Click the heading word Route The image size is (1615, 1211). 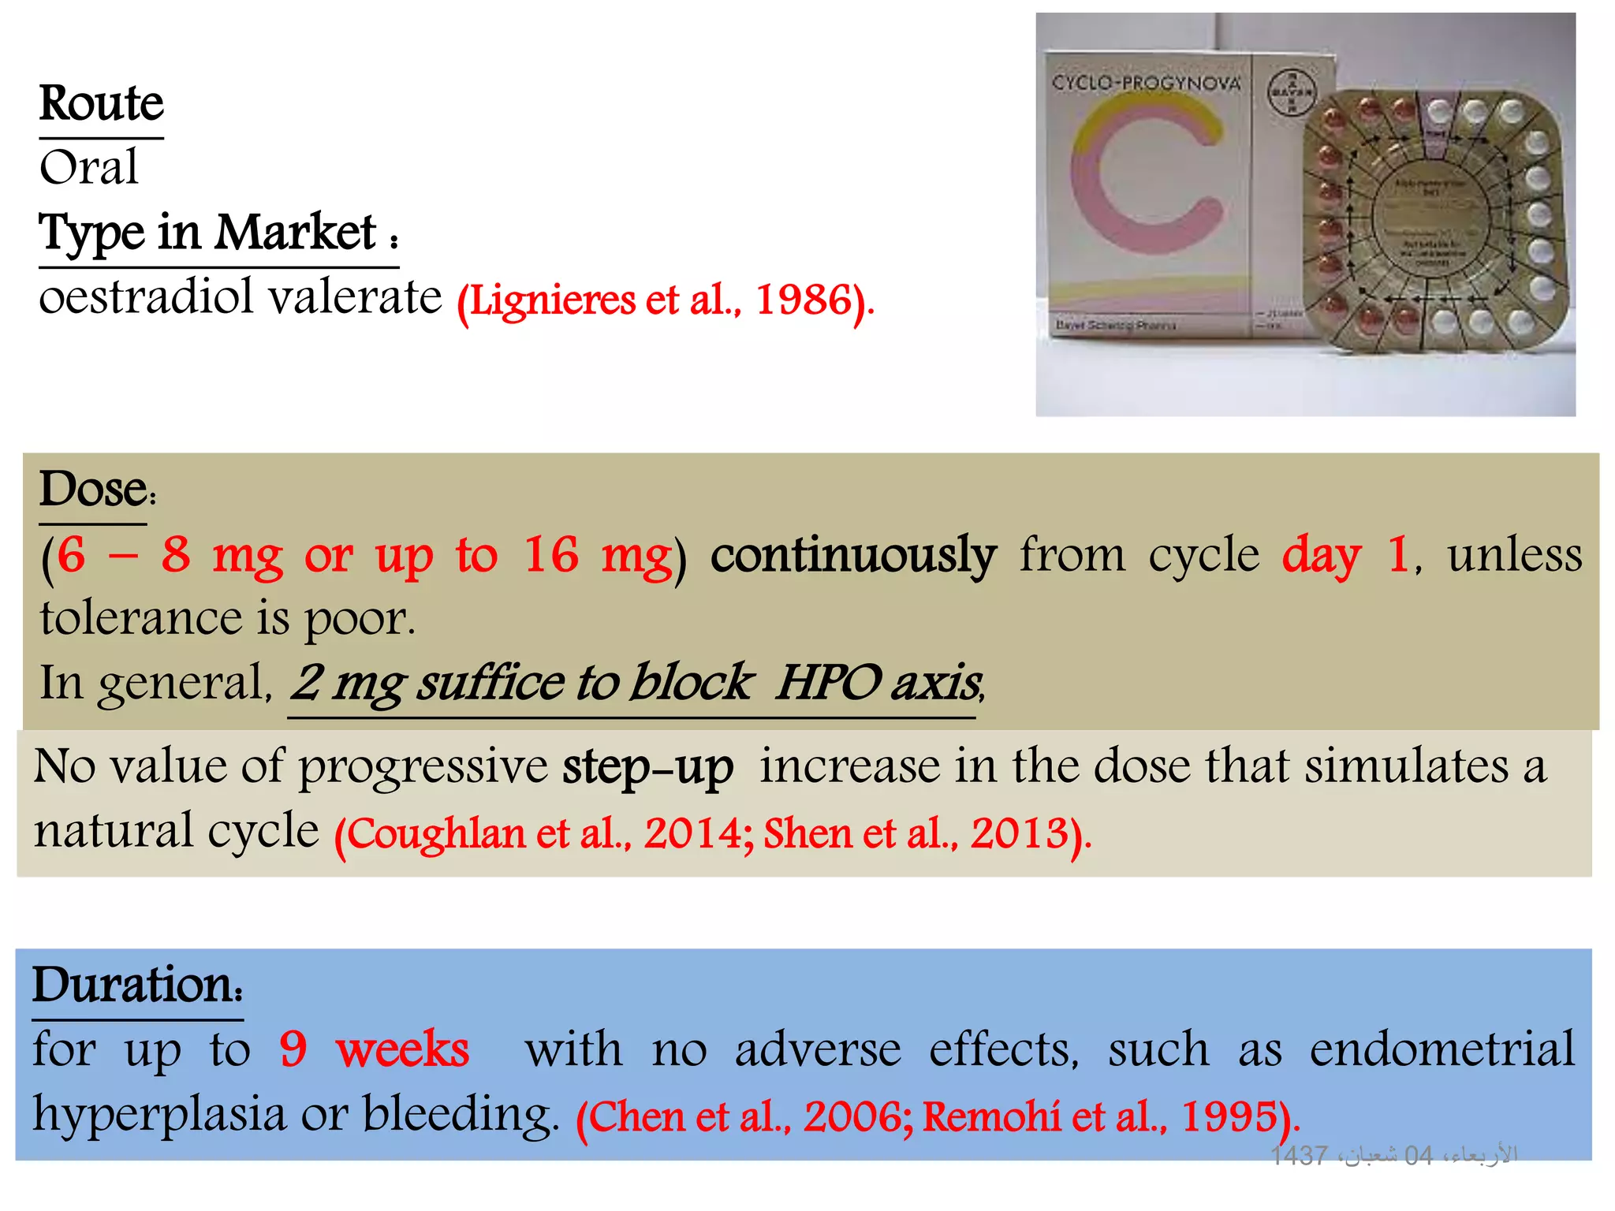tap(102, 103)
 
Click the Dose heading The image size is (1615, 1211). tap(94, 490)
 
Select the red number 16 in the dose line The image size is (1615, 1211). tap(551, 555)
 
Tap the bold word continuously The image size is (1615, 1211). tap(853, 555)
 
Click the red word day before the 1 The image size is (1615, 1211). tap(1322, 555)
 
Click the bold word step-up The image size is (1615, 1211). tap(647, 766)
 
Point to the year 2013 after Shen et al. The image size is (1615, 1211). tap(1019, 834)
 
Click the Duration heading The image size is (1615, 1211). tap(136, 986)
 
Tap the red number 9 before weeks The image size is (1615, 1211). tap(293, 1049)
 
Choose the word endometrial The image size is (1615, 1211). tap(1442, 1049)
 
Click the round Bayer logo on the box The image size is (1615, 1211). tap(1291, 92)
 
